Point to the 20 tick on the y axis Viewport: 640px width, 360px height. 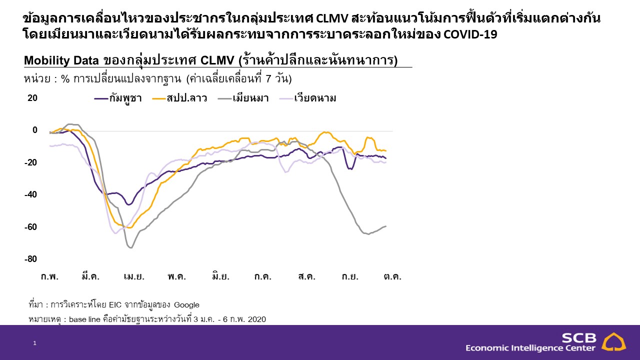pyautogui.click(x=32, y=98)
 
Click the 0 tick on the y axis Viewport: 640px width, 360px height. pyautogui.click(x=35, y=130)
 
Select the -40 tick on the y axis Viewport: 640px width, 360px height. pyautogui.click(x=31, y=194)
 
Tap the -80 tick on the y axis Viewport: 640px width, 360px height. pyautogui.click(x=31, y=259)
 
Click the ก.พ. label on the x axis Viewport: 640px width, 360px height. pyautogui.click(x=49, y=276)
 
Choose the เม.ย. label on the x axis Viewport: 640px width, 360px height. pyautogui.click(x=134, y=276)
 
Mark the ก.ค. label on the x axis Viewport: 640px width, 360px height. pyautogui.click(x=263, y=276)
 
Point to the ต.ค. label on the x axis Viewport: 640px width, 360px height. pyautogui.click(x=393, y=276)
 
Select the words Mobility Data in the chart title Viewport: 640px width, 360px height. pyautogui.click(x=61, y=60)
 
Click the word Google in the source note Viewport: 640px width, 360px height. pyautogui.click(x=186, y=305)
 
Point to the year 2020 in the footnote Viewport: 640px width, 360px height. pyautogui.click(x=256, y=319)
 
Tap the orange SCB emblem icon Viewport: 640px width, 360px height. pyautogui.click(x=613, y=342)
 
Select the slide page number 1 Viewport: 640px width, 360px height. pyautogui.click(x=34, y=343)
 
